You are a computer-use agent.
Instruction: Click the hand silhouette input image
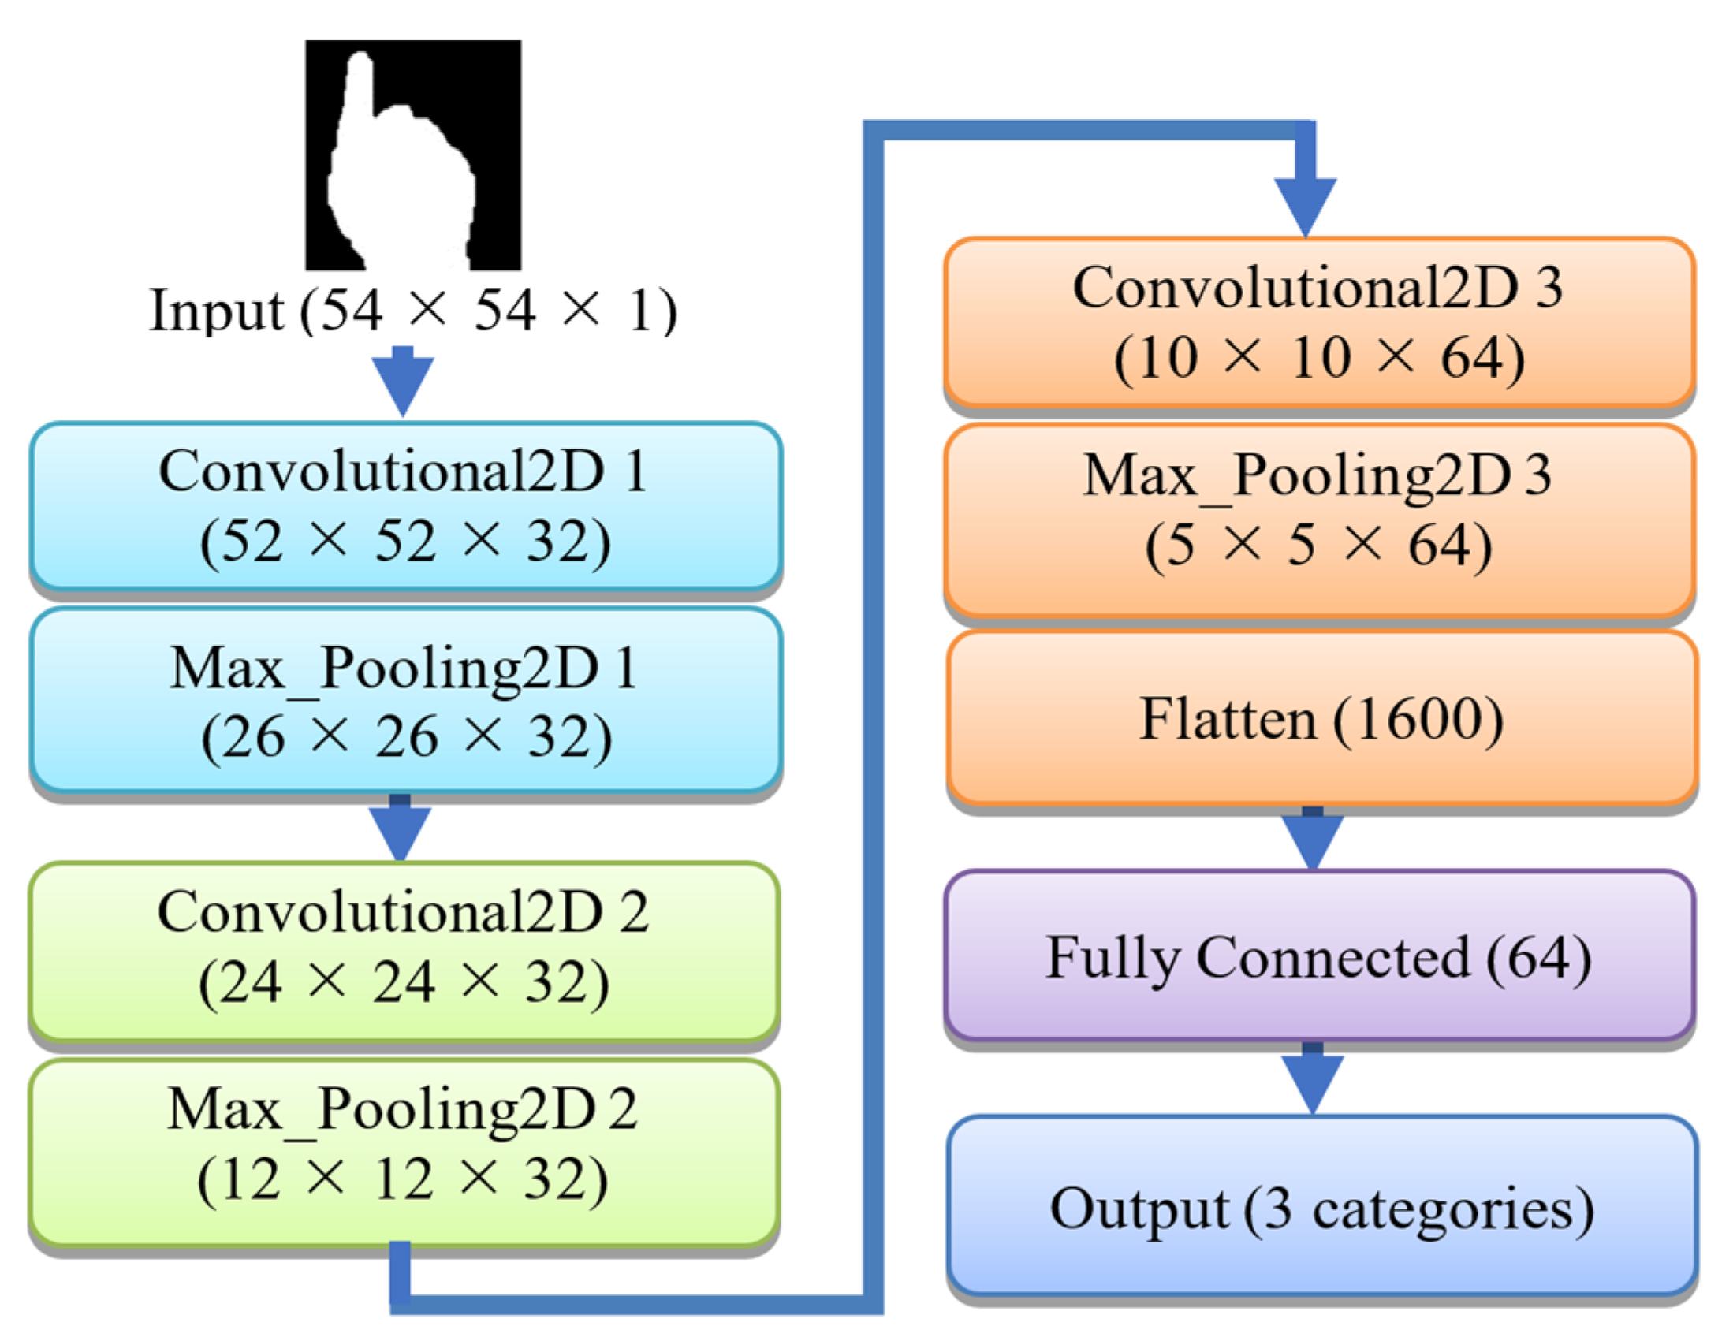click(412, 155)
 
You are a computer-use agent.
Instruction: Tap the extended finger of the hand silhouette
click(359, 87)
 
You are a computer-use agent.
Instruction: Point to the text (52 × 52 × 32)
click(405, 542)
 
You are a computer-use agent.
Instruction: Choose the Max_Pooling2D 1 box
click(405, 700)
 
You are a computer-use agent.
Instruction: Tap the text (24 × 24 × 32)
click(404, 982)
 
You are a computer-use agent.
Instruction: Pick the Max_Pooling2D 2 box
click(404, 1151)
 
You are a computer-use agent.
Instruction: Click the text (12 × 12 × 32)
click(402, 1180)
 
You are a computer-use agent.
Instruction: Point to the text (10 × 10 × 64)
click(1318, 358)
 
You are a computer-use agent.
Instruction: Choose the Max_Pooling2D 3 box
click(1318, 520)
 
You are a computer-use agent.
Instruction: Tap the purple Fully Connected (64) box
click(1318, 955)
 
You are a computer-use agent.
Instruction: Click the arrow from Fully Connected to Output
click(1312, 1080)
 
